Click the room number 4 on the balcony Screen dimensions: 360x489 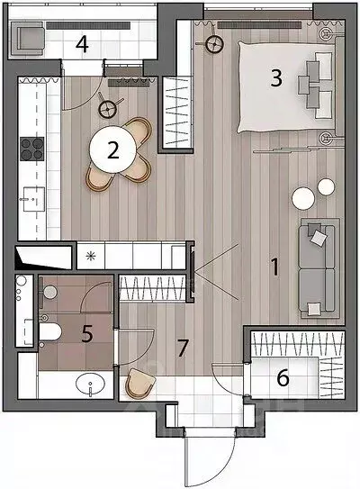pos(82,44)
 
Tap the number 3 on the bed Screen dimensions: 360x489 pos(276,78)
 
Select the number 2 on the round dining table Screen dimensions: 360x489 pos(112,150)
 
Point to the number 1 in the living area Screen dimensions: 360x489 pos(274,267)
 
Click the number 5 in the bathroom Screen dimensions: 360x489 pos(87,334)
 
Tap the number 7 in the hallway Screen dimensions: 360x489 pos(183,348)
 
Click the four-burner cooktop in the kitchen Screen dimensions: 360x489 pos(31,149)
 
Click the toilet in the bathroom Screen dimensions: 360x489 pos(49,331)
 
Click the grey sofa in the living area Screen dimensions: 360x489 pos(317,268)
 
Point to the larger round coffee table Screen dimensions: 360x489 pos(303,198)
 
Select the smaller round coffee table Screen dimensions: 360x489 pos(326,186)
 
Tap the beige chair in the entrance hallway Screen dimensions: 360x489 pos(139,384)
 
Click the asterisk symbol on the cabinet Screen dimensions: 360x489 pos(91,257)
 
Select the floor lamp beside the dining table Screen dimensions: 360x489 pos(108,109)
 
